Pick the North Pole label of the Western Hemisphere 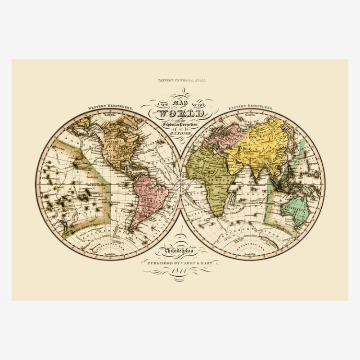tap(110, 115)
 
